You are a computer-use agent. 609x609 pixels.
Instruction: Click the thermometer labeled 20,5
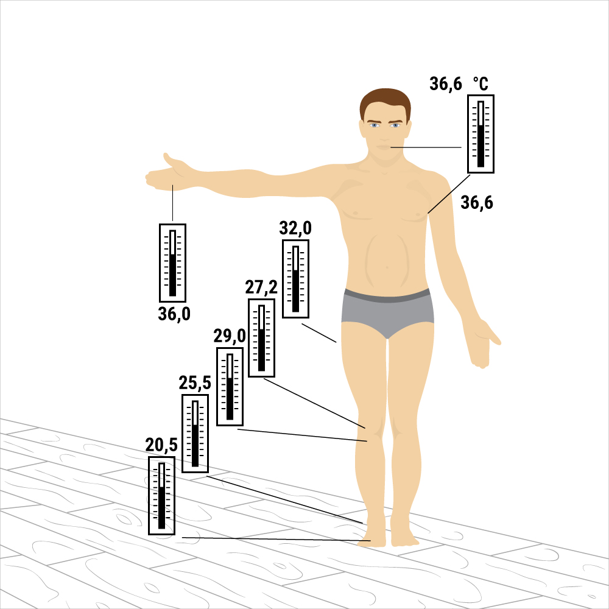coord(161,496)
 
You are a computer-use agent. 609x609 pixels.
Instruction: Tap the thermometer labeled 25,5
coord(195,434)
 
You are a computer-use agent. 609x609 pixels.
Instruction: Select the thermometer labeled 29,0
coord(230,387)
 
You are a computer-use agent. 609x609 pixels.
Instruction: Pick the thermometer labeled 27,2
coord(261,338)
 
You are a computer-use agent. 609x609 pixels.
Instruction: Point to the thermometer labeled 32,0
coord(295,279)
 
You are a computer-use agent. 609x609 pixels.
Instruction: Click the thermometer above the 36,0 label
coord(172,263)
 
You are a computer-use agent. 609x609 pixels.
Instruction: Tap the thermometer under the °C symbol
coord(481,134)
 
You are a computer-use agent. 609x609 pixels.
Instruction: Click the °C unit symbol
coord(481,84)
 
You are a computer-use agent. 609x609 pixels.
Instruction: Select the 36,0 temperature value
coord(174,314)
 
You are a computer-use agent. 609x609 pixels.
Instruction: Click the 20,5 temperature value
coord(161,445)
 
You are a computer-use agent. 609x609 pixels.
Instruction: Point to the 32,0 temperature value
coord(295,228)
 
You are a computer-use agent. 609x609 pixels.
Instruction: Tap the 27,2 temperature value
coord(261,287)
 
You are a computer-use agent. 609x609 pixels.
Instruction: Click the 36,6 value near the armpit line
coord(477,203)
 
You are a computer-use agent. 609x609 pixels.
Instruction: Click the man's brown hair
coord(385,102)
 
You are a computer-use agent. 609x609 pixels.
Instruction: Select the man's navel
coord(387,267)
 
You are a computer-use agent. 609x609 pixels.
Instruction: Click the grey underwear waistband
coord(387,296)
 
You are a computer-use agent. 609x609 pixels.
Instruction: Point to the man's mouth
coord(384,147)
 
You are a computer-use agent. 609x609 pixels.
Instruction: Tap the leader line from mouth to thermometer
coord(426,147)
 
